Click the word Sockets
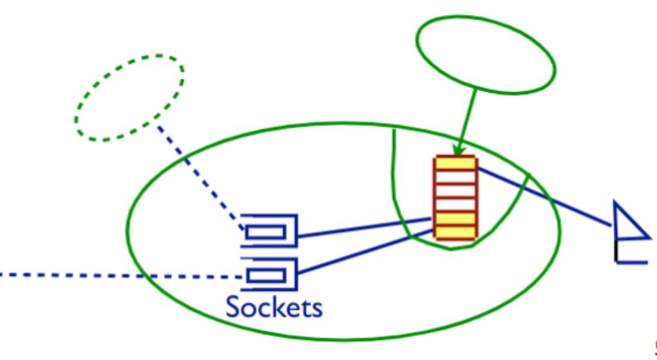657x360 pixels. tap(274, 307)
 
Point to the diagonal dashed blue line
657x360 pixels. tap(198, 174)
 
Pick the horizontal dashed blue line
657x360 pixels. tap(120, 275)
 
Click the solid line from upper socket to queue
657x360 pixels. tap(366, 228)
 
